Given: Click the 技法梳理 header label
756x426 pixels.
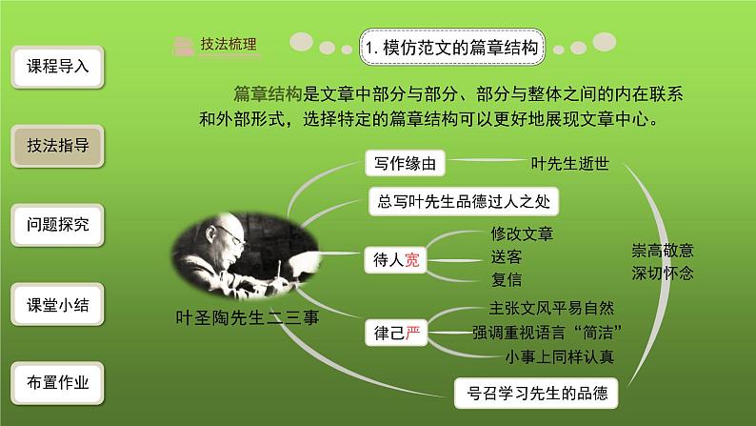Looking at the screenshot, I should [x=228, y=45].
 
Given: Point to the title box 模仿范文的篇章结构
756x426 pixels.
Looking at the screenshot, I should [x=450, y=46].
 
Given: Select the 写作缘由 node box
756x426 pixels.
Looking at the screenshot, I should [x=405, y=164].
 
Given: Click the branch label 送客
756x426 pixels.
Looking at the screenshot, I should [x=507, y=257].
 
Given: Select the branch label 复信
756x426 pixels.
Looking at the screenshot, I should [x=507, y=280].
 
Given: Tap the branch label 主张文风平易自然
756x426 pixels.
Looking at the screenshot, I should [x=551, y=308].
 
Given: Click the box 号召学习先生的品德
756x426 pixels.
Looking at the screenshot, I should [x=530, y=391].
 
